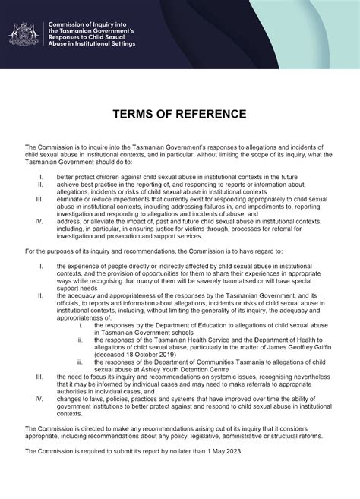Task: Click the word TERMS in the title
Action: (135, 114)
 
